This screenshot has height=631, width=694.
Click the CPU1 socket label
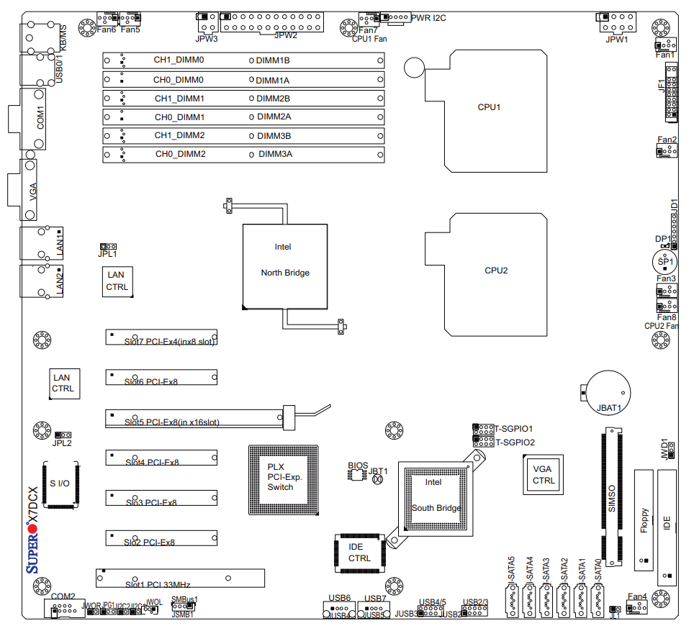click(x=489, y=107)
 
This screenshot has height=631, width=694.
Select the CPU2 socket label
click(x=496, y=271)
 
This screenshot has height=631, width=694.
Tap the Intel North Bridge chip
click(x=285, y=266)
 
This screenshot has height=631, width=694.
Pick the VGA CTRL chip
click(x=544, y=475)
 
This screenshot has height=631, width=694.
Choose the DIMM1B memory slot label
click(x=273, y=61)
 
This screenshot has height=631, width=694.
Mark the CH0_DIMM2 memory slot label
click(x=181, y=154)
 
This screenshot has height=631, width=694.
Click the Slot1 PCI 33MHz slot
click(x=180, y=578)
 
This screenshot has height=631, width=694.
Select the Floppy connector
click(x=644, y=519)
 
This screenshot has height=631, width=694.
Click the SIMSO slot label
click(x=613, y=496)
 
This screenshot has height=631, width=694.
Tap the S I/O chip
click(x=60, y=483)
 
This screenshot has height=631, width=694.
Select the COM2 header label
click(x=63, y=596)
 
